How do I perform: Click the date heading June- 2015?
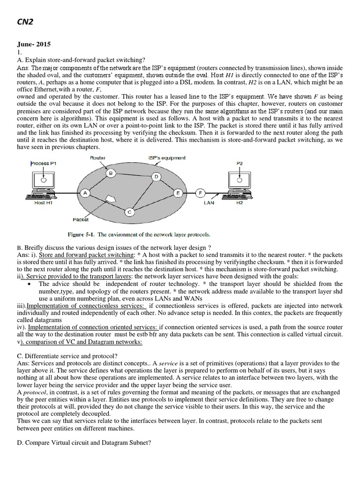[33, 45]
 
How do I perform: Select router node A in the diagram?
[85, 193]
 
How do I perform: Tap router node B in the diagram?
[111, 173]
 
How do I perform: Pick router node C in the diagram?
[130, 212]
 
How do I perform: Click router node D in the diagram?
[157, 176]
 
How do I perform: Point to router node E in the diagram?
[178, 193]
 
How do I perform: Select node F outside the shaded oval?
[200, 193]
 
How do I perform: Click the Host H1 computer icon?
[43, 185]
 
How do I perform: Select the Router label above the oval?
[97, 158]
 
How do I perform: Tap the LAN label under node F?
[209, 203]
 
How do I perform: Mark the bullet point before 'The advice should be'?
[30, 284]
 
